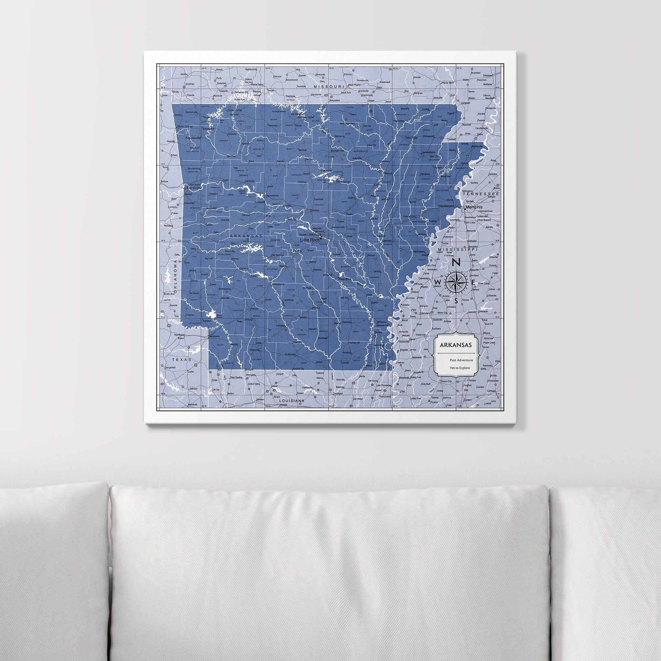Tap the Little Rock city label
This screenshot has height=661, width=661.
pos(309,240)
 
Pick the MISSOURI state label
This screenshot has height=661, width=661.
pos(329,87)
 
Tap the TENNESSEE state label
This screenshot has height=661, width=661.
pos(481,194)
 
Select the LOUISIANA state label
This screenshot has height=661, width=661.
pos(291,400)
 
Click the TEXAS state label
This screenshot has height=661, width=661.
pos(180,360)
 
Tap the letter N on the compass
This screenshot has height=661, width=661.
pos(456,263)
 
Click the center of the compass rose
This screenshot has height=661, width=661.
pos(456,281)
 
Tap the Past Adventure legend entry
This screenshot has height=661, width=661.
pos(461,360)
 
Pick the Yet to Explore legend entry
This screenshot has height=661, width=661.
pos(460,368)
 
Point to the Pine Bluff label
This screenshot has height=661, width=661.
pos(345,279)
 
